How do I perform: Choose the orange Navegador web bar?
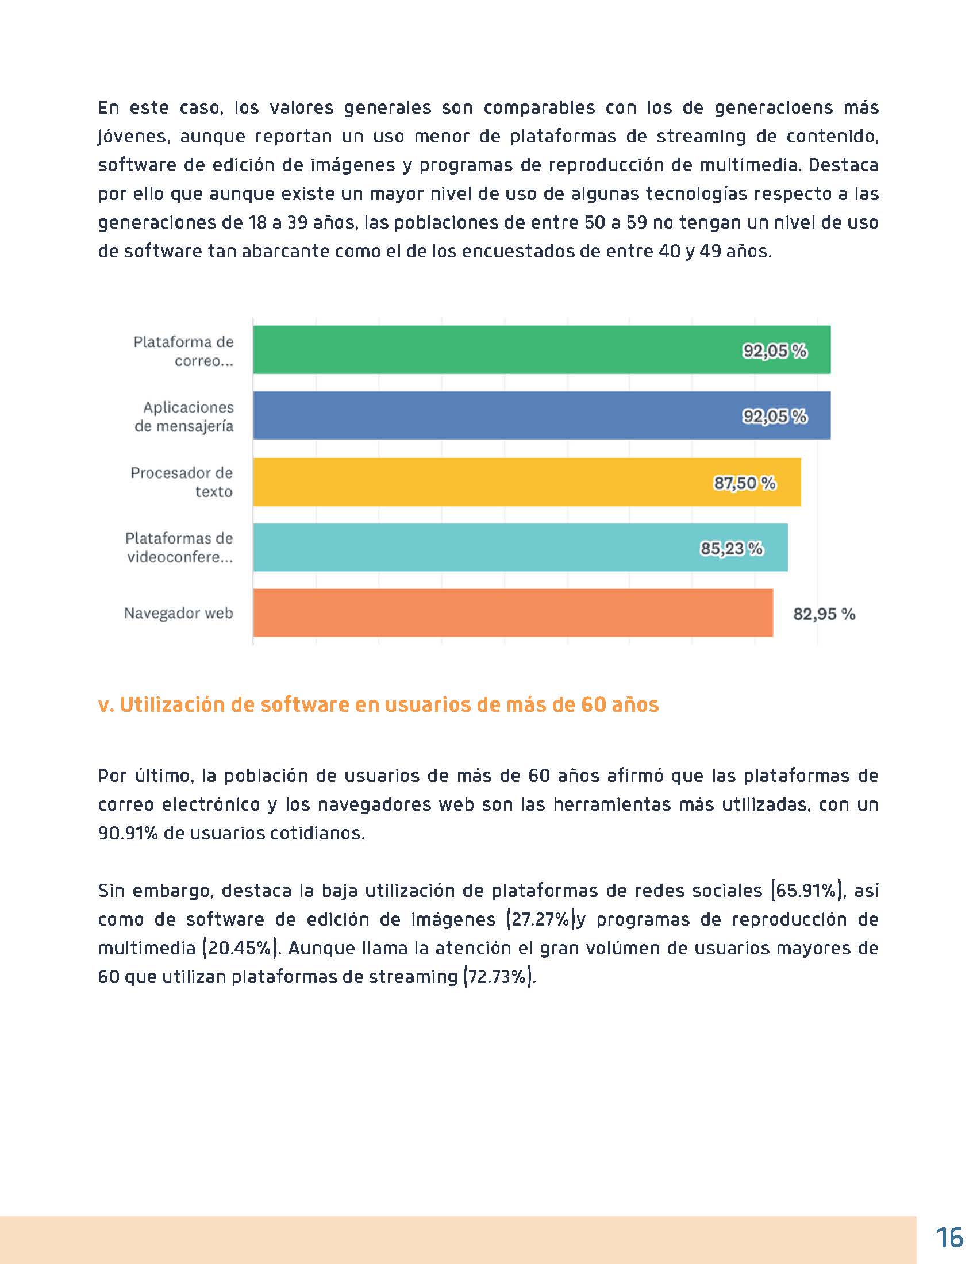coord(463,613)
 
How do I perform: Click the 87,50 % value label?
coord(744,483)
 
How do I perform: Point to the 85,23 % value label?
coord(732,548)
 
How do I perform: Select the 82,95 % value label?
coord(824,614)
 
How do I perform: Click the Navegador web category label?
coord(178,613)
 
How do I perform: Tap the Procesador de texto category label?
coord(182,482)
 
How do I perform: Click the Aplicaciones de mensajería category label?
coord(184,417)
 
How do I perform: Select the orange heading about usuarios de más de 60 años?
coord(379,704)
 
